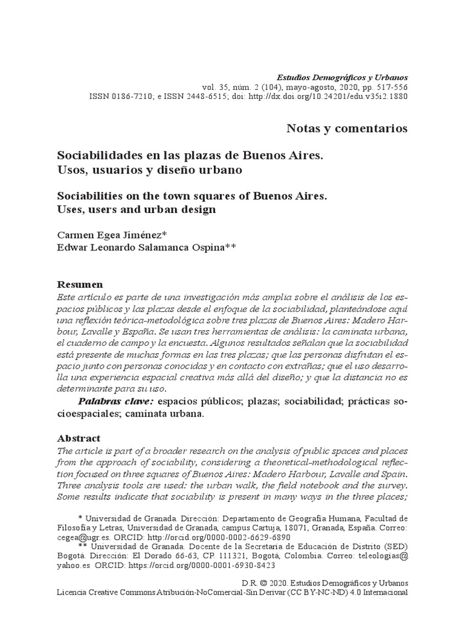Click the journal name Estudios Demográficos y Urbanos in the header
click(x=342, y=77)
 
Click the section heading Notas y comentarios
click(x=346, y=129)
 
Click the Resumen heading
click(x=80, y=284)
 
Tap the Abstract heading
click(x=79, y=438)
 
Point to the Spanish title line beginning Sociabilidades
click(x=190, y=156)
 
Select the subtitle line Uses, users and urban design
click(x=136, y=210)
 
